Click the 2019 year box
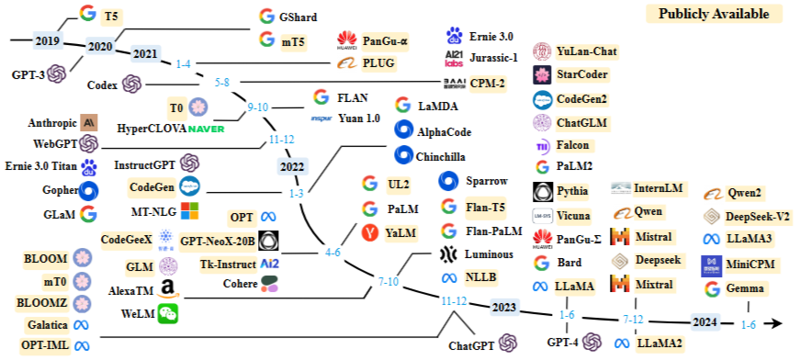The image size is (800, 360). pos(48,40)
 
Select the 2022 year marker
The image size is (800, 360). pos(292,167)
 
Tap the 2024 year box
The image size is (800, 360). pos(704,322)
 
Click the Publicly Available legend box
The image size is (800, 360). pos(714,14)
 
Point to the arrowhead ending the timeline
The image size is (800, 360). pos(776,323)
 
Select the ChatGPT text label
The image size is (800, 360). pos(471,345)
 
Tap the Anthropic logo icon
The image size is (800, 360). pos(89,123)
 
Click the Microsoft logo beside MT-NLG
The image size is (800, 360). pos(190,211)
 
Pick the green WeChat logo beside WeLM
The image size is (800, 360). pos(168,313)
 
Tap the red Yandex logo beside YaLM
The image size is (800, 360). pos(369,233)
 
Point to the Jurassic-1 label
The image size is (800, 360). pos(494,58)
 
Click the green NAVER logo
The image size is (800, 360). pos(206,129)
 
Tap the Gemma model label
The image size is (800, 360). pos(746,289)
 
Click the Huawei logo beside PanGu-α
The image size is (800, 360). pos(347,40)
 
